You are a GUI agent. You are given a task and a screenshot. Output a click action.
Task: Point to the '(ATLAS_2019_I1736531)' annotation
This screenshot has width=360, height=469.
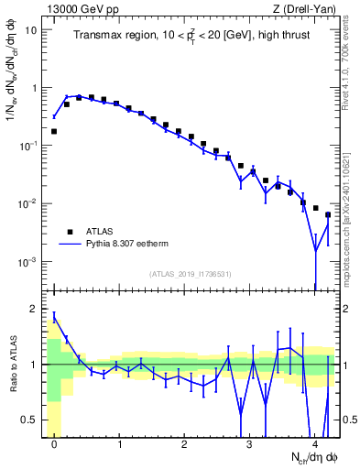pyautogui.click(x=191, y=274)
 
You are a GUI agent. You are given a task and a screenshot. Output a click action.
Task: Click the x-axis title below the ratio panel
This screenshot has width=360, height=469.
pyautogui.click(x=311, y=456)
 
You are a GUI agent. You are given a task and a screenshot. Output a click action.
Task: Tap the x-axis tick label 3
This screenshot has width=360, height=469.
pyautogui.click(x=249, y=443)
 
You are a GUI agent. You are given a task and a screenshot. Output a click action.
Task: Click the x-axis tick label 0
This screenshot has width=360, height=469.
pyautogui.click(x=54, y=443)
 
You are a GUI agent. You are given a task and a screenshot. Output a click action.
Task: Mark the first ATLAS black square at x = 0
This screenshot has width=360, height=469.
pyautogui.click(x=54, y=131)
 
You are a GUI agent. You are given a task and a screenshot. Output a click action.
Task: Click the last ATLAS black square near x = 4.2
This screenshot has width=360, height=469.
pyautogui.click(x=328, y=215)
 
